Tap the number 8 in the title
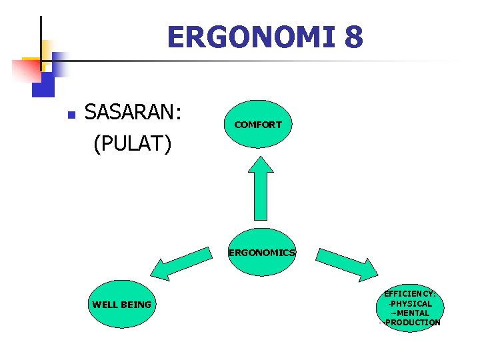click(354, 37)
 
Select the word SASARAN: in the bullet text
click(133, 113)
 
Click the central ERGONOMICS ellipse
click(261, 253)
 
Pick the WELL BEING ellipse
click(121, 305)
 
